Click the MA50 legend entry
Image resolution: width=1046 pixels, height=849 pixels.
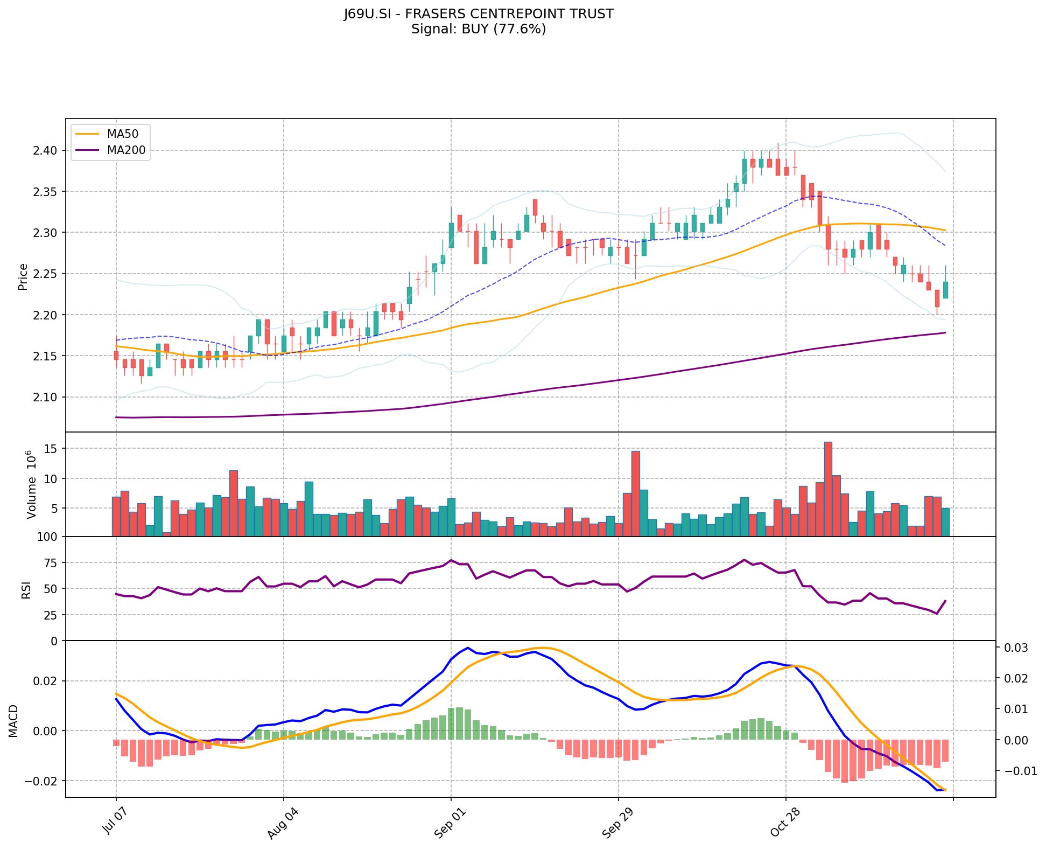122,134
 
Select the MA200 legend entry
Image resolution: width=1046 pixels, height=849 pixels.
126,150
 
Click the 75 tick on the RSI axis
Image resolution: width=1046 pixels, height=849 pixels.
52,563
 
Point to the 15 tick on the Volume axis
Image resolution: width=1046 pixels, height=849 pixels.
52,449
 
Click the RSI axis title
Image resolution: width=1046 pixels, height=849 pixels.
26,589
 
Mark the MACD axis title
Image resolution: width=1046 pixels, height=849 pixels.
13,721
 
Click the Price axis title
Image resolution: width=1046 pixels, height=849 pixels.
23,277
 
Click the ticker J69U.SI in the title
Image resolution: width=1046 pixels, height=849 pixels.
368,14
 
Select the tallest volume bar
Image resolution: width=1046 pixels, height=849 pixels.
828,489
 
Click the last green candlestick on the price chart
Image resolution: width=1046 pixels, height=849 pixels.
945,290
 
